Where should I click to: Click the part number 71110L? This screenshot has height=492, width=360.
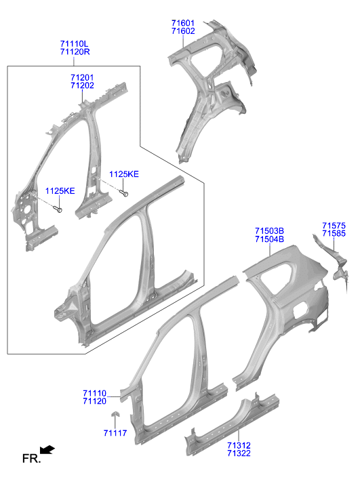74,43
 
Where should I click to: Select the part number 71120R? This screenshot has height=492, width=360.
75,52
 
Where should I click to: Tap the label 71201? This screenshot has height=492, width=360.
82,77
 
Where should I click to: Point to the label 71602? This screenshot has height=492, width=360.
183,31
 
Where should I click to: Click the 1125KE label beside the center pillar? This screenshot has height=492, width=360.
123,174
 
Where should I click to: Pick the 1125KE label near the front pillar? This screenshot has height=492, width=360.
60,191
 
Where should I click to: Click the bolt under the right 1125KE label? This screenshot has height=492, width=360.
124,194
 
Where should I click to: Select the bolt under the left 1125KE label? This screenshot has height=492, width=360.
58,209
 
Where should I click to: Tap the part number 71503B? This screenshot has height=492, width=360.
269,231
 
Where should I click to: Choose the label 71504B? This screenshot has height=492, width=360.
269,239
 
